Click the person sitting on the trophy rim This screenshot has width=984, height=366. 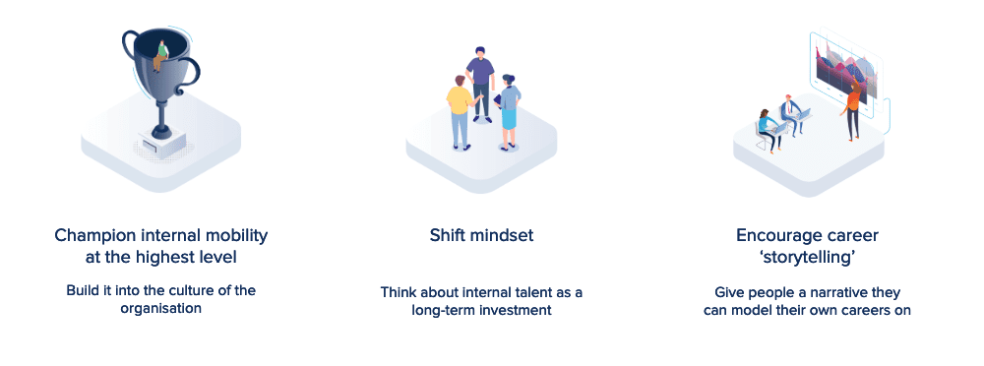point(162,56)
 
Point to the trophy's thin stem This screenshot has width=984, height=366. point(161,115)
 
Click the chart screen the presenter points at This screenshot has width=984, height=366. point(844,65)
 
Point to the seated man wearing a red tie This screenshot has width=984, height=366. point(791,113)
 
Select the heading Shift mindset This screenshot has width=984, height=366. point(481,236)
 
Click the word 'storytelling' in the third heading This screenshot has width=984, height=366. point(807,258)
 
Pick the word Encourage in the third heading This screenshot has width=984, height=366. point(775,237)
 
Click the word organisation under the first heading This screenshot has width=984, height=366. point(160,308)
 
